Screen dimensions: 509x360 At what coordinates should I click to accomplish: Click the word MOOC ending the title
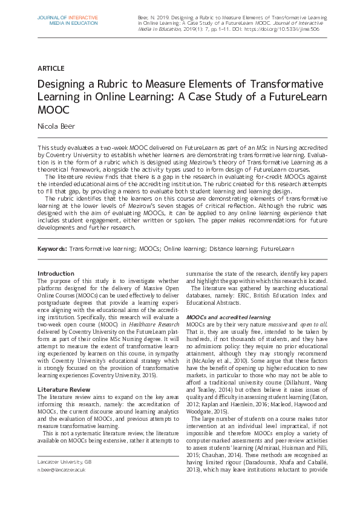click(x=54, y=111)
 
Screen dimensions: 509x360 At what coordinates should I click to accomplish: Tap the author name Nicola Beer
click(x=58, y=128)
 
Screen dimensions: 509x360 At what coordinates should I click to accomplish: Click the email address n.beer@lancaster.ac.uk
click(x=61, y=469)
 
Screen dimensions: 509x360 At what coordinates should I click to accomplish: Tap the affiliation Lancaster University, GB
click(x=64, y=461)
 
